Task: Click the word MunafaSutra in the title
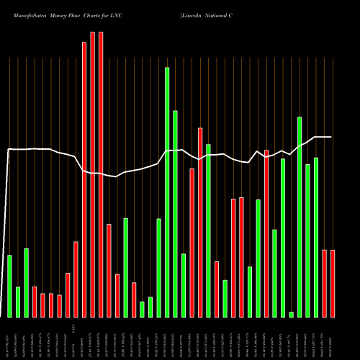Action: [22, 14]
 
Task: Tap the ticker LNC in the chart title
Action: [114, 14]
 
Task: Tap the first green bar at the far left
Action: [9, 286]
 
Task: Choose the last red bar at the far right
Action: [333, 283]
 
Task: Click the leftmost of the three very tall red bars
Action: [84, 179]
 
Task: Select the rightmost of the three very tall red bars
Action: [101, 174]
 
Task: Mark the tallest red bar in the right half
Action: [200, 222]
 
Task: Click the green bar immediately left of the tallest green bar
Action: [158, 267]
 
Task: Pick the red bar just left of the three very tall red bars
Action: [76, 279]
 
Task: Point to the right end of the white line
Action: [331, 137]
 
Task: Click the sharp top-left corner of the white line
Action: [8, 149]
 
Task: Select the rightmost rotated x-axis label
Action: [332, 338]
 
